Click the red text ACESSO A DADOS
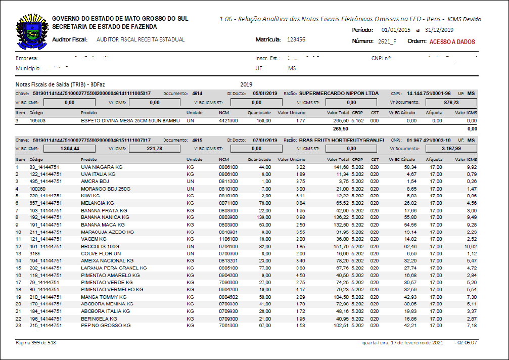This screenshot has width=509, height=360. [x=452, y=42]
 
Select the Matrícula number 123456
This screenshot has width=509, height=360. [x=296, y=39]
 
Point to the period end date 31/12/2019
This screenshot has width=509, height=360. [x=439, y=30]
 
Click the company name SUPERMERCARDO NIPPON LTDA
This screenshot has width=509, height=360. [x=339, y=94]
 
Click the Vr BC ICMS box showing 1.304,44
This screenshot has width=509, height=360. [x=69, y=149]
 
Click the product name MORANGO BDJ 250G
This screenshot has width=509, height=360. [x=106, y=189]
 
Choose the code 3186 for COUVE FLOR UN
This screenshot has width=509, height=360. [x=35, y=253]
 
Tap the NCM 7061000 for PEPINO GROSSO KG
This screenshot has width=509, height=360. [x=228, y=326]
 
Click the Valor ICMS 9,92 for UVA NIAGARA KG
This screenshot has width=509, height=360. [x=472, y=167]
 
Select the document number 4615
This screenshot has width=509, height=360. [x=197, y=140]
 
